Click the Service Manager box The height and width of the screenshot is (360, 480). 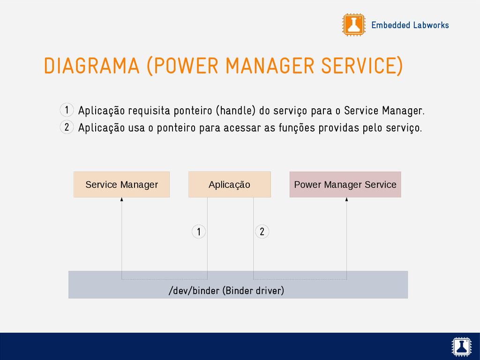pos(121,185)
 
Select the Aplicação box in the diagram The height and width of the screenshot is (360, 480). pos(229,185)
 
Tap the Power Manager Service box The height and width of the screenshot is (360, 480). pos(345,185)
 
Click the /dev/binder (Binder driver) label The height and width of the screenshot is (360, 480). pos(226,291)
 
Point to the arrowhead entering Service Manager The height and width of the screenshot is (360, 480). pos(122,200)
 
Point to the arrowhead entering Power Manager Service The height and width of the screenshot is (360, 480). pos(347,200)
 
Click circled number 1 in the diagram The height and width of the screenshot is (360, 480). pos(199,232)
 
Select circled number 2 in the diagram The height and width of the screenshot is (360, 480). pos(262,231)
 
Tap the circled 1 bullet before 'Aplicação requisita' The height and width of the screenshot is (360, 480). pos(67,110)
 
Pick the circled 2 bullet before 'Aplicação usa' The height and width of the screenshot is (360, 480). pos(67,127)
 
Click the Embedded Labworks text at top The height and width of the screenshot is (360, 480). pos(410,25)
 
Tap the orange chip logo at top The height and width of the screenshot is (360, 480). pos(353,25)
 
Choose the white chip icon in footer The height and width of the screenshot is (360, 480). pos(461,346)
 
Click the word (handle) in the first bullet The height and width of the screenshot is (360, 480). pos(235,111)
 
